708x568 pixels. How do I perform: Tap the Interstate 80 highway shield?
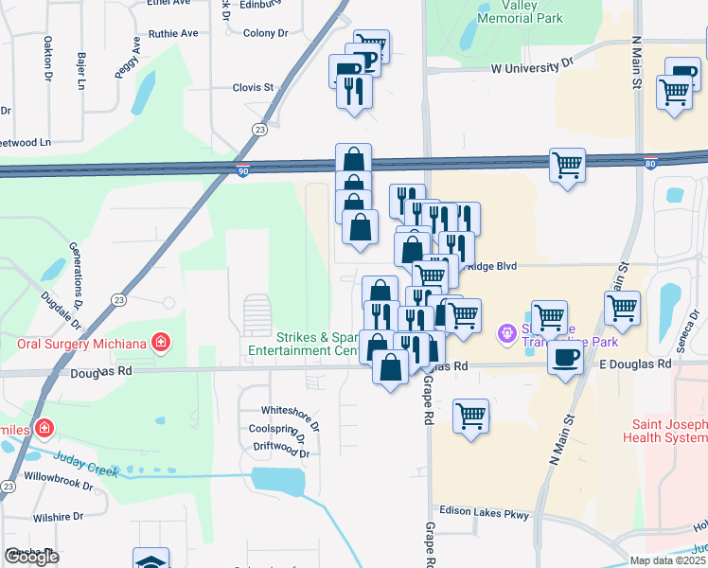[650, 163]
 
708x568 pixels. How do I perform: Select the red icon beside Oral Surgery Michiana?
[162, 342]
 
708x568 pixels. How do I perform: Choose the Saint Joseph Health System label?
[665, 430]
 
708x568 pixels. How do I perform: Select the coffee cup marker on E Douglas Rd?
[566, 357]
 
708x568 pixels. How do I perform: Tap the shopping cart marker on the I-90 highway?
[567, 165]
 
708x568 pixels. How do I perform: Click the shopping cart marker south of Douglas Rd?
[471, 415]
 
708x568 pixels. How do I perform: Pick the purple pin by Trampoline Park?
[506, 331]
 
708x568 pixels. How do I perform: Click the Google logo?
[31, 557]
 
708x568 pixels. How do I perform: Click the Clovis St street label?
[253, 87]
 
